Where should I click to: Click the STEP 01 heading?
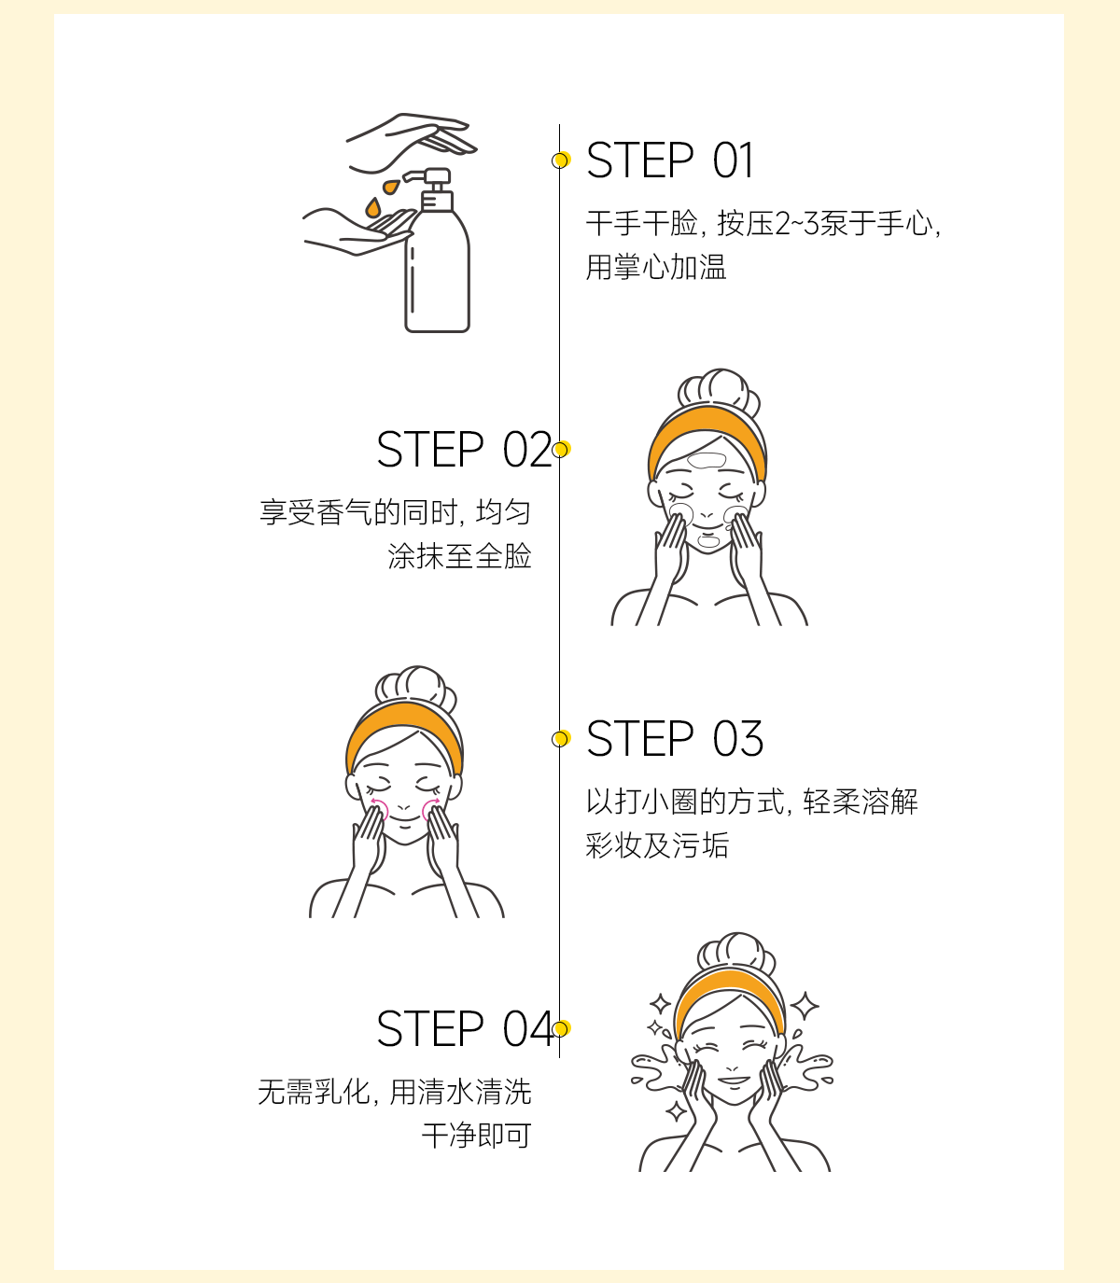[669, 160]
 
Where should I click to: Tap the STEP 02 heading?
[464, 450]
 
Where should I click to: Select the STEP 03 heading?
[675, 739]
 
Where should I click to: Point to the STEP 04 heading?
[465, 1029]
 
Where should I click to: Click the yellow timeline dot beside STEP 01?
[561, 160]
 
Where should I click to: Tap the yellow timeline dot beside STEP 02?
[561, 450]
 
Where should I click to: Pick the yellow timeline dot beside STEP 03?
[561, 739]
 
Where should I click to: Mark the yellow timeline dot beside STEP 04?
[561, 1028]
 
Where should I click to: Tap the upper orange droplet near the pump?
[391, 187]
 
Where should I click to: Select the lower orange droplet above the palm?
[373, 207]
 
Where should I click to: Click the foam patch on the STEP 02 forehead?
[707, 460]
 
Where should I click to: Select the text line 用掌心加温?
[656, 267]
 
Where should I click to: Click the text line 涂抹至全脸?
[459, 556]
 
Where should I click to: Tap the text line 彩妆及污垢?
[657, 845]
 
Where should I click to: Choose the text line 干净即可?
[477, 1136]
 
